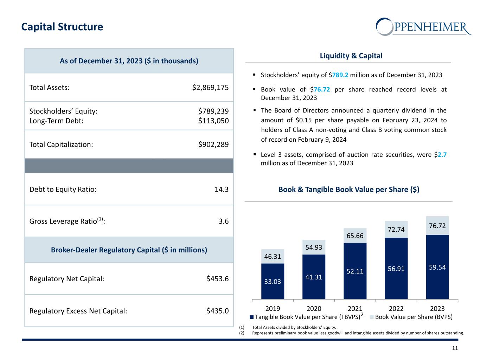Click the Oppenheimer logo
(423, 26)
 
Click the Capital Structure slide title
(62, 27)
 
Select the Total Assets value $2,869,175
(210, 88)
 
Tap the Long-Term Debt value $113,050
(213, 121)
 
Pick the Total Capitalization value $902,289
(213, 144)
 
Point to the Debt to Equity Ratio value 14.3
(222, 189)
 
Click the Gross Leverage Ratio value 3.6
(224, 221)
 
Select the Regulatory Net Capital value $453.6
(217, 279)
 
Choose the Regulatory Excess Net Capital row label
(78, 311)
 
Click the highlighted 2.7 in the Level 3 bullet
(442, 154)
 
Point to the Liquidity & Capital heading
(351, 56)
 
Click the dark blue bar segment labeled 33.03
(273, 281)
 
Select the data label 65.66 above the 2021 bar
(355, 236)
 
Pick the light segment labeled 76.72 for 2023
(437, 226)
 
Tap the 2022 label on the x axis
(396, 309)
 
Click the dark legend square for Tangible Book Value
(251, 317)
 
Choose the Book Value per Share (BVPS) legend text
(414, 317)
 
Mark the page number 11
(455, 348)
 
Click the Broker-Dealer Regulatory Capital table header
(129, 250)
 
